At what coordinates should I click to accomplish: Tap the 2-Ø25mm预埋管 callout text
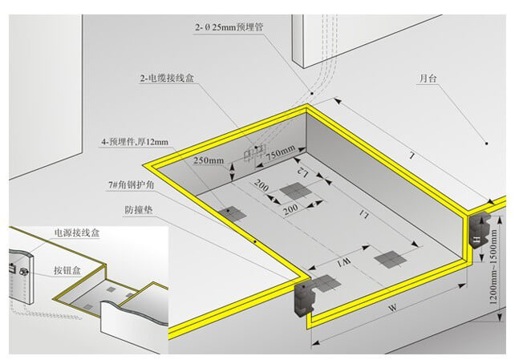pyautogui.click(x=227, y=27)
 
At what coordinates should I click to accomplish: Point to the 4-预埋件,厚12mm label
pyautogui.click(x=135, y=142)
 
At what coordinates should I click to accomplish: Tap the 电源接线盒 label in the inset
pyautogui.click(x=77, y=233)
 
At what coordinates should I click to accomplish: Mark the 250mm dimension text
pyautogui.click(x=209, y=160)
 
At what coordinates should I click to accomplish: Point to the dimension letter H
pyautogui.click(x=477, y=239)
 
